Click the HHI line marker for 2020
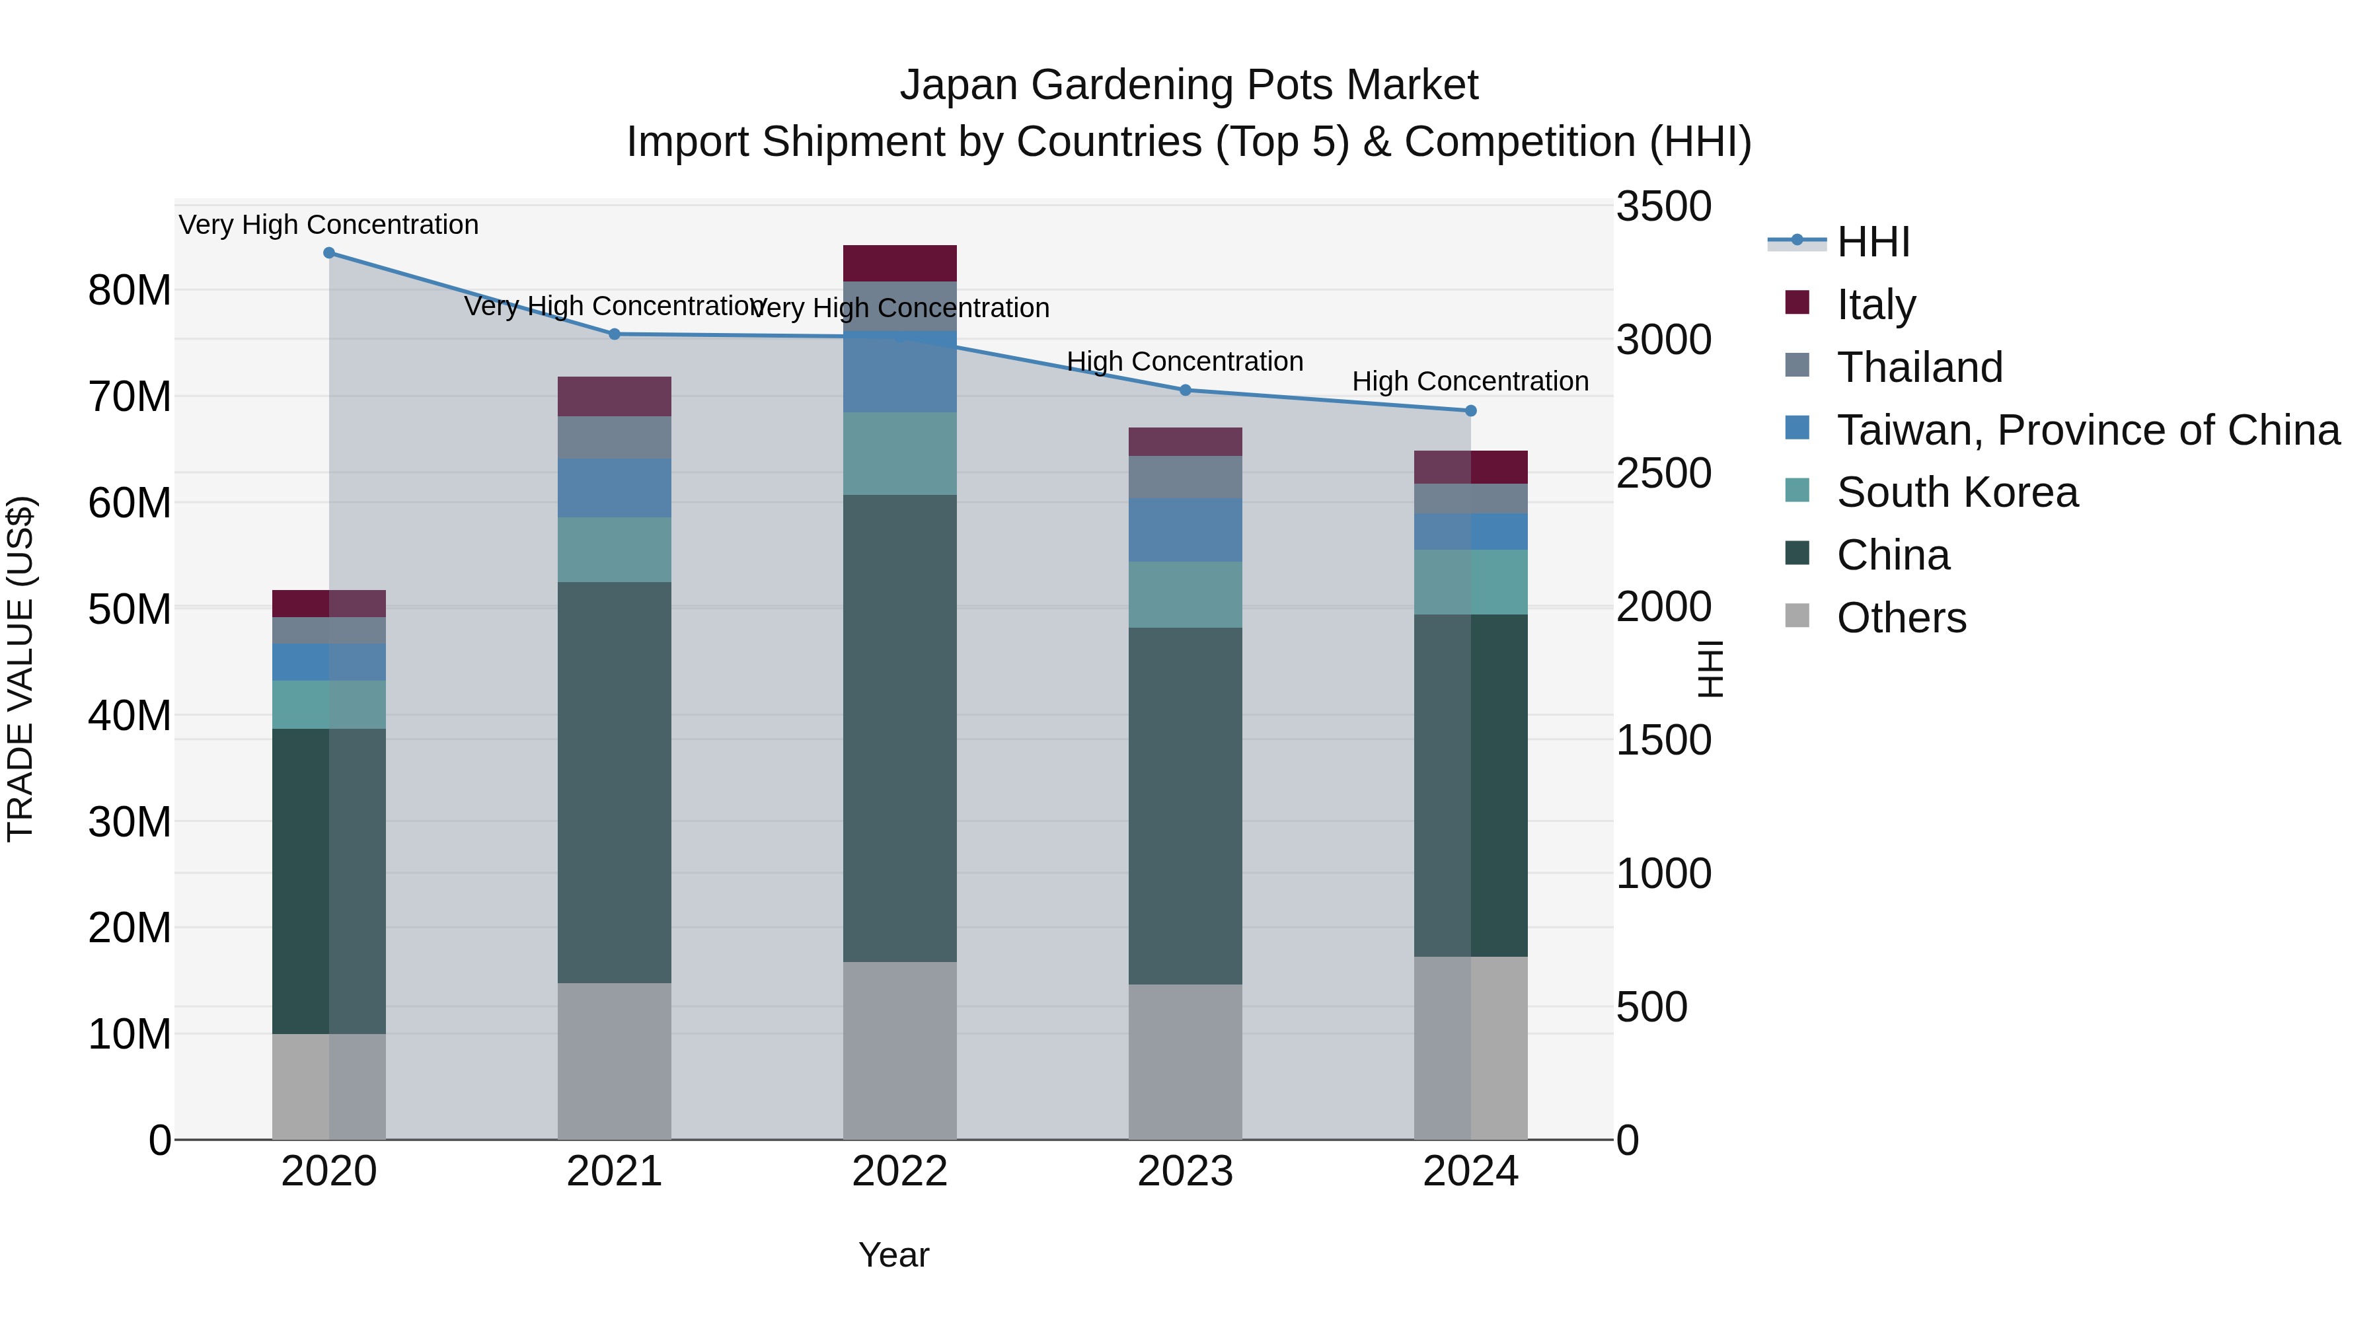[x=329, y=253]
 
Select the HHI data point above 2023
[x=1186, y=390]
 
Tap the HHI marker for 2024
[x=1471, y=411]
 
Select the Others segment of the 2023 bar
[x=1185, y=1061]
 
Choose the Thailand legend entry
[x=1919, y=367]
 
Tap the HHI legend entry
[x=1873, y=242]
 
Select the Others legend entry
[x=1901, y=618]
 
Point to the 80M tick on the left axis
[x=130, y=291]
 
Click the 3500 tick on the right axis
[x=1663, y=206]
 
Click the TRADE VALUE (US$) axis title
[x=20, y=669]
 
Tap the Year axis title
[x=893, y=1255]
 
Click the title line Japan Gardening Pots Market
[x=1189, y=85]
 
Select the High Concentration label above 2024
[x=1470, y=381]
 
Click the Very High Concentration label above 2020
[x=329, y=225]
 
